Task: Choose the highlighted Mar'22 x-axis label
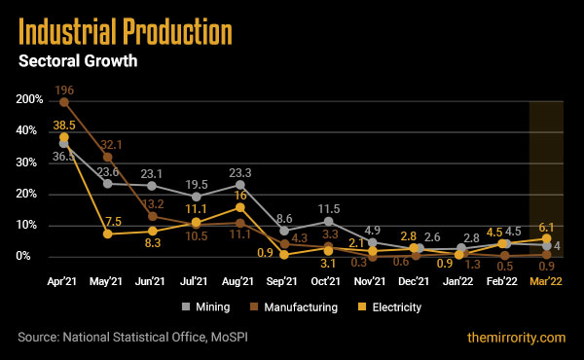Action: (547, 280)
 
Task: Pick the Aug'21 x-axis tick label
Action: (240, 280)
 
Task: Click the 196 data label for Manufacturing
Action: (65, 89)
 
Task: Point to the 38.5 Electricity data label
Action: (64, 125)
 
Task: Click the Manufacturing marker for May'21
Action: (108, 157)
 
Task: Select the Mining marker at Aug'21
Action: (240, 184)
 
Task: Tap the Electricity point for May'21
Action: (108, 234)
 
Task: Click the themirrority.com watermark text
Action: (516, 338)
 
